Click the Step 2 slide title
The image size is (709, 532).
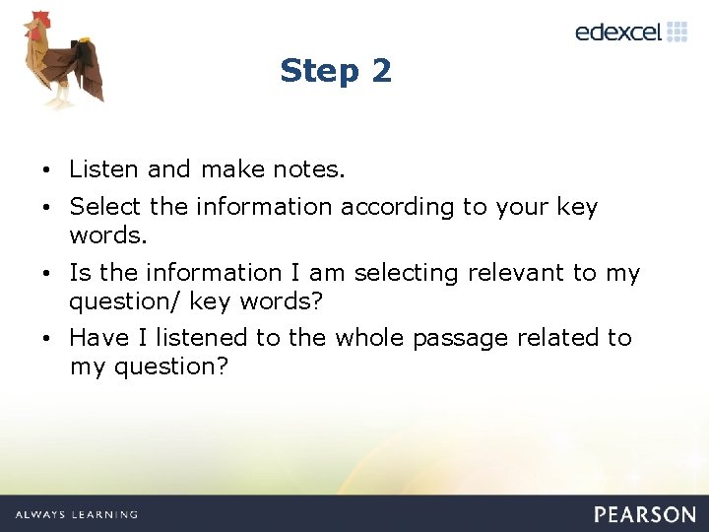[336, 71]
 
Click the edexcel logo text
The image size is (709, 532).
[618, 32]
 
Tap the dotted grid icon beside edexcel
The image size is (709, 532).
[677, 31]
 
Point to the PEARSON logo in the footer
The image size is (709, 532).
[645, 514]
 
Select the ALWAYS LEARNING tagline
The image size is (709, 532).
[77, 514]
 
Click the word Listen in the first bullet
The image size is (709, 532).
[104, 169]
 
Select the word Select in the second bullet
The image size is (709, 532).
[106, 207]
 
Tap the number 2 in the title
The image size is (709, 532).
[381, 71]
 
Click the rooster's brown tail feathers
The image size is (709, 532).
[90, 69]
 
